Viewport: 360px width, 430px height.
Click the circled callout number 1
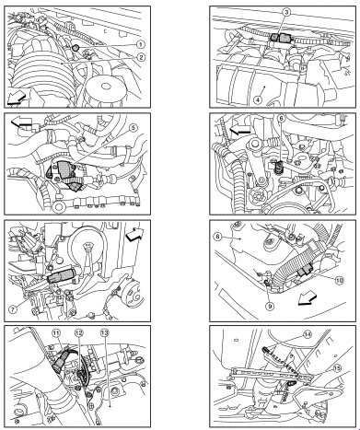141,45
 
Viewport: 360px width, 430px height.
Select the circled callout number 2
141,57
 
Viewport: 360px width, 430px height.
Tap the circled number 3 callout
286,12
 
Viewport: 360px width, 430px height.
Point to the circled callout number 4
258,99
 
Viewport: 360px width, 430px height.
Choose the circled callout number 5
132,128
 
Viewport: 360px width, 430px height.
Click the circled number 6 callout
281,118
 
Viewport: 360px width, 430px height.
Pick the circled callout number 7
13,309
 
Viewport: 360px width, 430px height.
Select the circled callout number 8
217,237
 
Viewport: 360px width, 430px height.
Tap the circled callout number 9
270,306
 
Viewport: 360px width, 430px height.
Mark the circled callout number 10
340,280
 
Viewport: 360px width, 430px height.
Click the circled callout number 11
56,332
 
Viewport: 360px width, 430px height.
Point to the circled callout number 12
79,332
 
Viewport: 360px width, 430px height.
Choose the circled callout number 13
104,332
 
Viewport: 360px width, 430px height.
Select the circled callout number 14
308,334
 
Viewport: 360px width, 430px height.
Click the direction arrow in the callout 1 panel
16,99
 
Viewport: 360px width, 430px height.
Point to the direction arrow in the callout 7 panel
134,235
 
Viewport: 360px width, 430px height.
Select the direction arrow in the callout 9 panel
308,298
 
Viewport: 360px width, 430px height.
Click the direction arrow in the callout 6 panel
240,131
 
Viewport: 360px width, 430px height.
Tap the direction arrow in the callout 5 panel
21,122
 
